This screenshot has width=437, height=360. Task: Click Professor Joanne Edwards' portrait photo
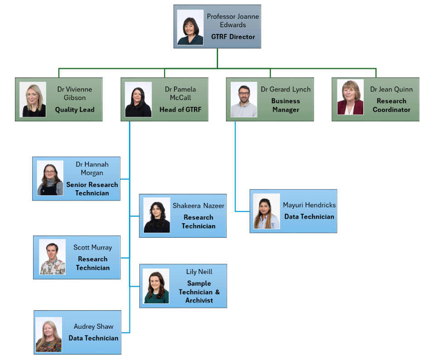(190, 27)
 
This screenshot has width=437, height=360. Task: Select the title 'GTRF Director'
(233, 37)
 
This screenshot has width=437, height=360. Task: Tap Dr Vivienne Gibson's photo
(33, 100)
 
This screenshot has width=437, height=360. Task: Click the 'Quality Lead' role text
(75, 110)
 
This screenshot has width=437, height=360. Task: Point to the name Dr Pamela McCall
(180, 93)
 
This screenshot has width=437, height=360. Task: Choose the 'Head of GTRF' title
(180, 110)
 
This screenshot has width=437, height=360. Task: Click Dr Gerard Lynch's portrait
(244, 100)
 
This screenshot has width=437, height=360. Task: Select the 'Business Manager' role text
(286, 106)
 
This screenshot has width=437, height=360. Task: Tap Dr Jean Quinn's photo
(350, 97)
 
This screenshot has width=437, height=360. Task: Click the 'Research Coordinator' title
(392, 106)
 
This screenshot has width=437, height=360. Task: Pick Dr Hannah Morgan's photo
(50, 178)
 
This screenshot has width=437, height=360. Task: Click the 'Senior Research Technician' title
(92, 189)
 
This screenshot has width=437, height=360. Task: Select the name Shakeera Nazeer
(199, 206)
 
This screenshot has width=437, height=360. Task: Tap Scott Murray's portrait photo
(52, 257)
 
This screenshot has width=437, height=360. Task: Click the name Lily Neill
(199, 272)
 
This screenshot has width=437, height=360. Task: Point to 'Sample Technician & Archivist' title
(199, 292)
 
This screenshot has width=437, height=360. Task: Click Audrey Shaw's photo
(49, 335)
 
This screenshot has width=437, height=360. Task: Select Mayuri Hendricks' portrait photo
(266, 211)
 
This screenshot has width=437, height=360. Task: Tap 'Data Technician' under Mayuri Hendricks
(309, 216)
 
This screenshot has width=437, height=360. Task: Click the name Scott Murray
(93, 248)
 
